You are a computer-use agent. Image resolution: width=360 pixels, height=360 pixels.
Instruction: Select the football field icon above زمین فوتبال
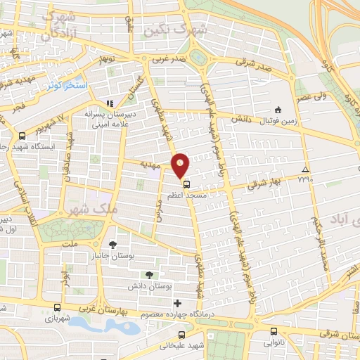[278, 110]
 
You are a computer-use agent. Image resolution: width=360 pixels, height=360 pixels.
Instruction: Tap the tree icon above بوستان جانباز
[112, 245]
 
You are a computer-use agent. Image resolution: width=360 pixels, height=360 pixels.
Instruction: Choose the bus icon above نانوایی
[274, 332]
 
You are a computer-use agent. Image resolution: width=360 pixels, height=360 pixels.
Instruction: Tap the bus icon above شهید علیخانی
[182, 335]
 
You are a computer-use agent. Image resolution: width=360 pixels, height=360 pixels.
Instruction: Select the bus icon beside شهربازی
[56, 308]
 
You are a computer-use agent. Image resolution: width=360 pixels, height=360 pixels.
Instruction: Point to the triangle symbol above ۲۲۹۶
[304, 170]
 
